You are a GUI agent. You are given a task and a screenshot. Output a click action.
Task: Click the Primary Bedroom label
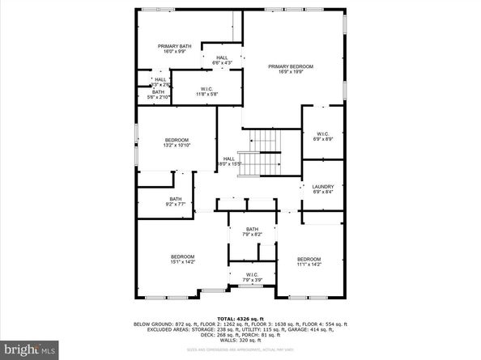tap(291, 66)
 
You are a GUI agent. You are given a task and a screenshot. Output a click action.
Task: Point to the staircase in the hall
tap(265, 154)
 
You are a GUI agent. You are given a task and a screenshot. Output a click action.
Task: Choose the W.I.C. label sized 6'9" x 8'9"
tap(321, 134)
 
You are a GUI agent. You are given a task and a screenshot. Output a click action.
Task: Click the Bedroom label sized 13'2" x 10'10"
tap(176, 140)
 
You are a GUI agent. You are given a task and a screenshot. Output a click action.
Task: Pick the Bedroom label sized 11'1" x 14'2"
tap(309, 260)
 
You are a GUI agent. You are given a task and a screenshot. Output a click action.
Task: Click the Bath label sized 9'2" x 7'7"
tap(176, 199)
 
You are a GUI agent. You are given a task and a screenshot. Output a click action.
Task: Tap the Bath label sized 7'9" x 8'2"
tap(252, 230)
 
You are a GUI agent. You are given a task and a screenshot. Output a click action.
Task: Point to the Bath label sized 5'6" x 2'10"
tap(159, 92)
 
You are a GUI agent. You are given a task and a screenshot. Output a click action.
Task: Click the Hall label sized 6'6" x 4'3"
tap(222, 57)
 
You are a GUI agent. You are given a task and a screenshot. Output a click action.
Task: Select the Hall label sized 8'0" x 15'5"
tap(229, 159)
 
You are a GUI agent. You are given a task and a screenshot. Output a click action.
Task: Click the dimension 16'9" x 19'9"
tap(291, 72)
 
